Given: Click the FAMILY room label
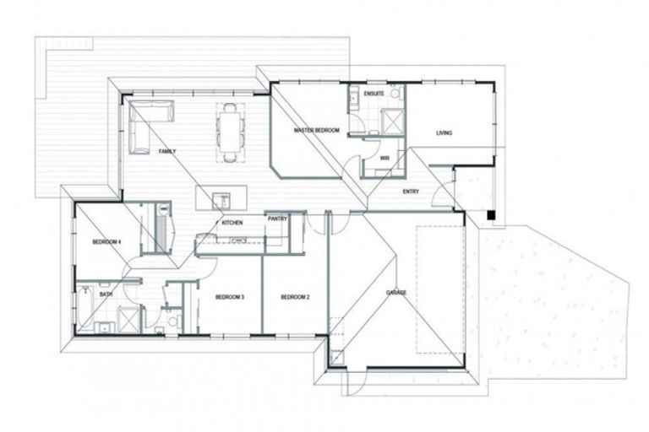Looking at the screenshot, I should pyautogui.click(x=166, y=151).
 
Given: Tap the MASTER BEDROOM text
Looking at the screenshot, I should pyautogui.click(x=316, y=131).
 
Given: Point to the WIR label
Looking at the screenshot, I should pyautogui.click(x=384, y=158).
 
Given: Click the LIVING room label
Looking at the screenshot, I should pyautogui.click(x=444, y=132).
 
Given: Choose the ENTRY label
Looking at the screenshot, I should pyautogui.click(x=412, y=192).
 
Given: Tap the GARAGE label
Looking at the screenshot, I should pyautogui.click(x=396, y=292).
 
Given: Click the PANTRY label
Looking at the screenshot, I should pyautogui.click(x=278, y=219).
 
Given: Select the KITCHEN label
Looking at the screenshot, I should pyautogui.click(x=232, y=223).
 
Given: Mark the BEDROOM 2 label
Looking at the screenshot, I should pyautogui.click(x=295, y=297).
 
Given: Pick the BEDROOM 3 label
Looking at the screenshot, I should pyautogui.click(x=229, y=297).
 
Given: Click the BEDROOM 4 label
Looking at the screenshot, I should pyautogui.click(x=107, y=242).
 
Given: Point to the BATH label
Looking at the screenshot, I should pyautogui.click(x=106, y=294).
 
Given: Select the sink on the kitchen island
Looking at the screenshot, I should pyautogui.click(x=222, y=200).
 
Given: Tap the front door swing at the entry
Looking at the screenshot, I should pyautogui.click(x=441, y=199).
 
